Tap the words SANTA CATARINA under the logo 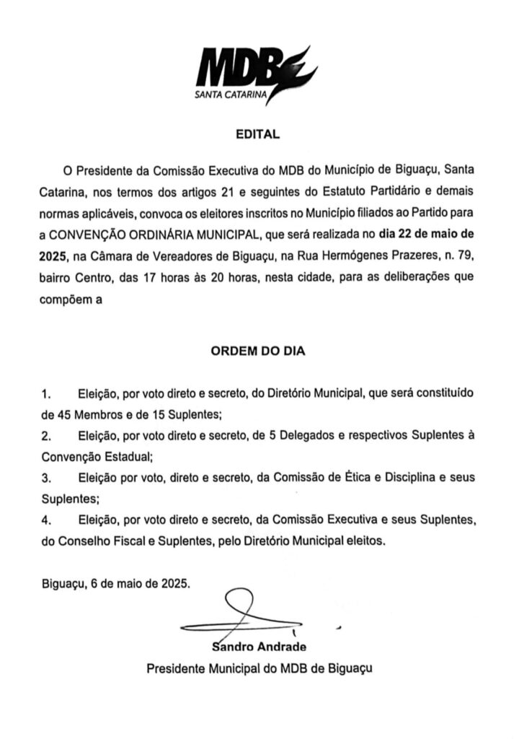pyautogui.click(x=229, y=94)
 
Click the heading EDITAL pyautogui.click(x=258, y=134)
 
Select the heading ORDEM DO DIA pyautogui.click(x=258, y=352)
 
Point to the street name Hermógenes pyautogui.click(x=381, y=255)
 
